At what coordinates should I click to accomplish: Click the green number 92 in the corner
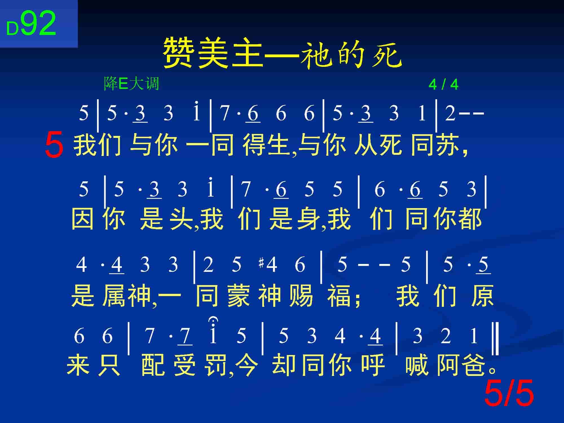point(38,23)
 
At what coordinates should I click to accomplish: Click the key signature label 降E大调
point(132,83)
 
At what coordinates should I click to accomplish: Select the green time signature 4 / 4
point(443,84)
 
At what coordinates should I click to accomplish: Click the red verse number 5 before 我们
point(54,145)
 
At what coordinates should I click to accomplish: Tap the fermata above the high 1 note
point(213,321)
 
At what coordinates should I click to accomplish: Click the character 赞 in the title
point(180,54)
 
